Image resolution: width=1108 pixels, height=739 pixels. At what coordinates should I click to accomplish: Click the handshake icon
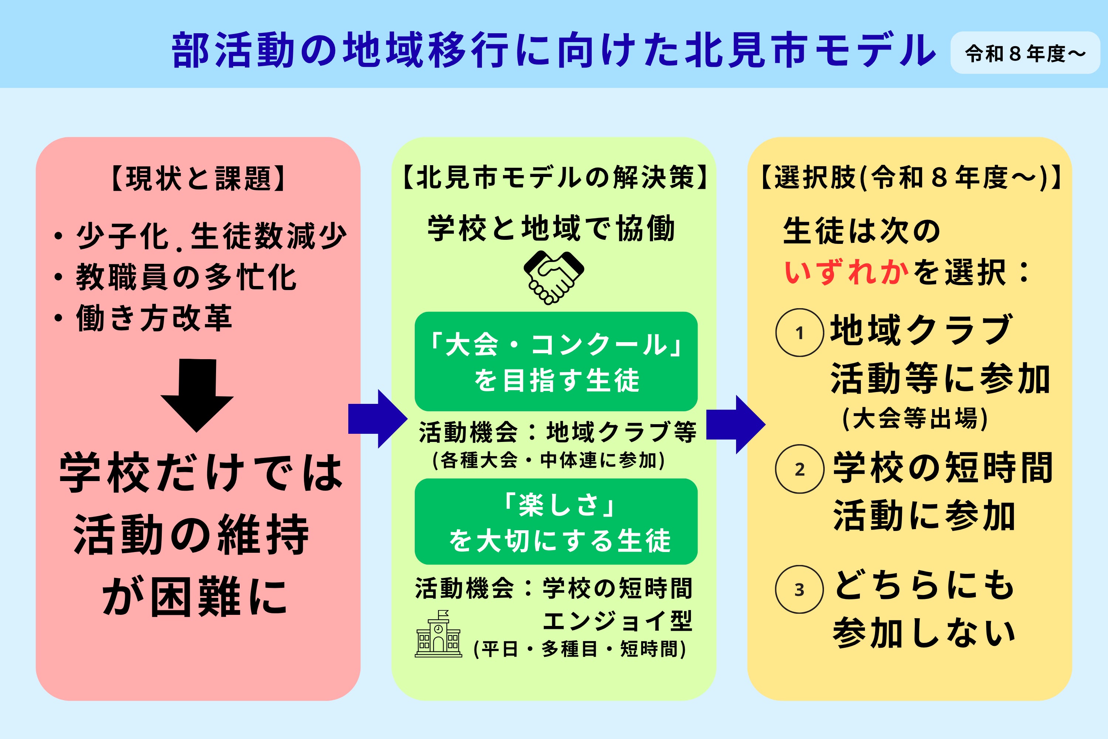tap(554, 277)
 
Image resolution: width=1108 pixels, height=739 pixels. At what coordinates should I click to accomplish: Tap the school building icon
tap(438, 634)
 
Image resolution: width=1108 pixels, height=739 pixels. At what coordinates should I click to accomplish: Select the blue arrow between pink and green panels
tap(378, 419)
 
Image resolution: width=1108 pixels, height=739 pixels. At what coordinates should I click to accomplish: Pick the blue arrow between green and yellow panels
tap(736, 424)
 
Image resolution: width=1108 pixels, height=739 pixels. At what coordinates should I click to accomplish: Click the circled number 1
tap(800, 333)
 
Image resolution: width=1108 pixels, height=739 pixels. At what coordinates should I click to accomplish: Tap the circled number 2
tap(800, 469)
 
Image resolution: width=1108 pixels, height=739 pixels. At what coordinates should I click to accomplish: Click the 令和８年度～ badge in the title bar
tap(1025, 53)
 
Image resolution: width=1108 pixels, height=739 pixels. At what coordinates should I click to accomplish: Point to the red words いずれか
tap(847, 272)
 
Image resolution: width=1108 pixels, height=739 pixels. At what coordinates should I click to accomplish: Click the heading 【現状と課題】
tap(198, 178)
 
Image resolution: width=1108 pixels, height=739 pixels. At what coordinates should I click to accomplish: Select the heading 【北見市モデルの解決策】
tap(554, 177)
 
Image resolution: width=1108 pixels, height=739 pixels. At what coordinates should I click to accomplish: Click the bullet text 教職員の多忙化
tap(186, 277)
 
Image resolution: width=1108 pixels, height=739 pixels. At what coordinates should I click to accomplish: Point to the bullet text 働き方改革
tap(154, 318)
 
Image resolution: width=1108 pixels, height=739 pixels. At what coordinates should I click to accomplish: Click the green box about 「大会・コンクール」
tap(556, 361)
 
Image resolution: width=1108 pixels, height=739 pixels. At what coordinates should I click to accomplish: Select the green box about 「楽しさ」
tap(556, 521)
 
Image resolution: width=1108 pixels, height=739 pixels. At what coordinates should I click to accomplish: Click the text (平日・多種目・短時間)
tap(580, 649)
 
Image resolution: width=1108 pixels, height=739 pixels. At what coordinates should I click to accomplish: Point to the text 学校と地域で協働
tap(551, 229)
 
